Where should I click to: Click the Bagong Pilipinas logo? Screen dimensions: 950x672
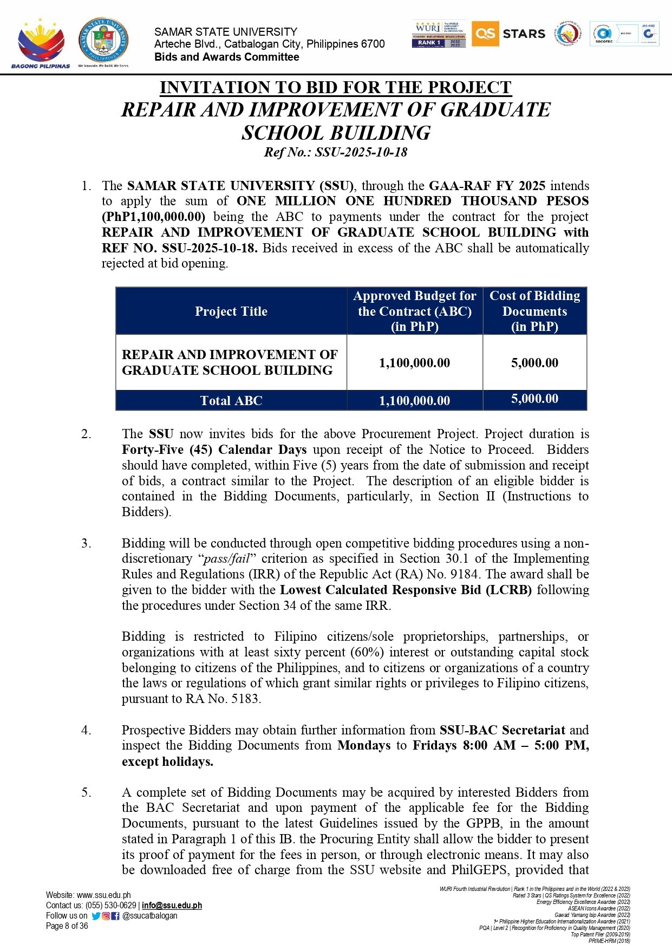coord(41,43)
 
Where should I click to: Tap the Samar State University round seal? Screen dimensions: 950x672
coord(103,41)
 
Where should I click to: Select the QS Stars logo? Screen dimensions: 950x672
coord(508,34)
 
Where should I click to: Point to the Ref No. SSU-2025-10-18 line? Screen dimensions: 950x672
coord(336,152)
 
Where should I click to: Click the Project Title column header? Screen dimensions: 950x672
coord(231,311)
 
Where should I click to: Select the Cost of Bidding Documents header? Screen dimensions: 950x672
coord(534,311)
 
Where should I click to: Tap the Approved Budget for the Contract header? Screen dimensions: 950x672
coord(414,311)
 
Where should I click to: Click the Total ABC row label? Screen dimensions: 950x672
coord(231,401)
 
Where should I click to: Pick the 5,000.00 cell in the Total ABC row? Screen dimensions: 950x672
coord(534,399)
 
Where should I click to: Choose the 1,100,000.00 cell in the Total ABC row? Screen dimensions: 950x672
coord(414,401)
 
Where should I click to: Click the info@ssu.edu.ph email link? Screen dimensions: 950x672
coord(172,906)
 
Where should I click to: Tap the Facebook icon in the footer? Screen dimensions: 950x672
coord(115,916)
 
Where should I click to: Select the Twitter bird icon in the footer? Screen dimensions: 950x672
coord(96,916)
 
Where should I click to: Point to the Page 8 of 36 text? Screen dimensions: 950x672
coord(67,926)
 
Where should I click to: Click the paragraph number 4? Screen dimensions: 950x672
coord(86,730)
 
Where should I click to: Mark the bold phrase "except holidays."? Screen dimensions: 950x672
coord(167,762)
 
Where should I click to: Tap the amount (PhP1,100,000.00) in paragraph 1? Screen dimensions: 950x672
coord(154,217)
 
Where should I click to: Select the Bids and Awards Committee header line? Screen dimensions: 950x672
coord(226,57)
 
